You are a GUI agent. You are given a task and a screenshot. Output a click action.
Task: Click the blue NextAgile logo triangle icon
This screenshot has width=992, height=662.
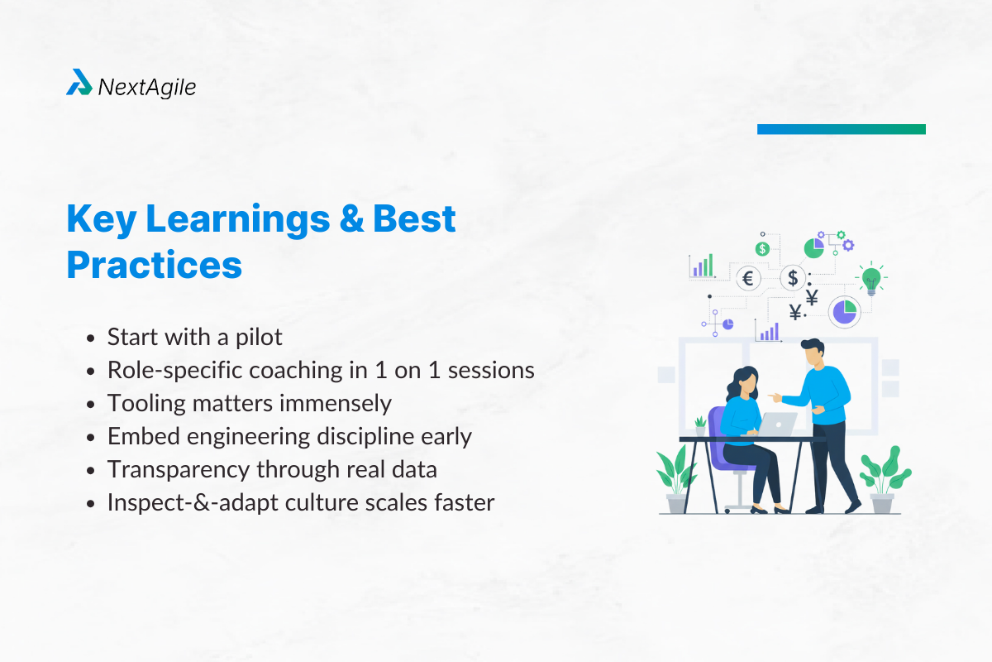point(79,83)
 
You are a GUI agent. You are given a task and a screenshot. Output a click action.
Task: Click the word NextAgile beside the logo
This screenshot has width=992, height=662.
point(147,86)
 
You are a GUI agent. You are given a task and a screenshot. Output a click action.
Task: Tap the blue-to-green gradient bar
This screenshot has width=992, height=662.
point(841,129)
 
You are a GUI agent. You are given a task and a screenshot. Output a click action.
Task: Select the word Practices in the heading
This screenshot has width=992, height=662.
point(154,264)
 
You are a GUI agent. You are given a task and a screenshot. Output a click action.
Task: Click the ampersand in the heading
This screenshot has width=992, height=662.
point(348,219)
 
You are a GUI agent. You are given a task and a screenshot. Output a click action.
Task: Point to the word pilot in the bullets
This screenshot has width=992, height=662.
point(257,337)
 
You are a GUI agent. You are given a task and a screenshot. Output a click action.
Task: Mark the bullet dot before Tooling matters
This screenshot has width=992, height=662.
point(92,405)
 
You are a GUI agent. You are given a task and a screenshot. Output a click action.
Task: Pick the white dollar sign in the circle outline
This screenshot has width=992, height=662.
point(793,278)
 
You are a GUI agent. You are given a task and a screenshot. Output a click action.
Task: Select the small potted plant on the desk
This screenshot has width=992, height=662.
point(701,425)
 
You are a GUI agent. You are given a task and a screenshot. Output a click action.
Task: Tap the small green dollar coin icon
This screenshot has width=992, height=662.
point(762,248)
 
